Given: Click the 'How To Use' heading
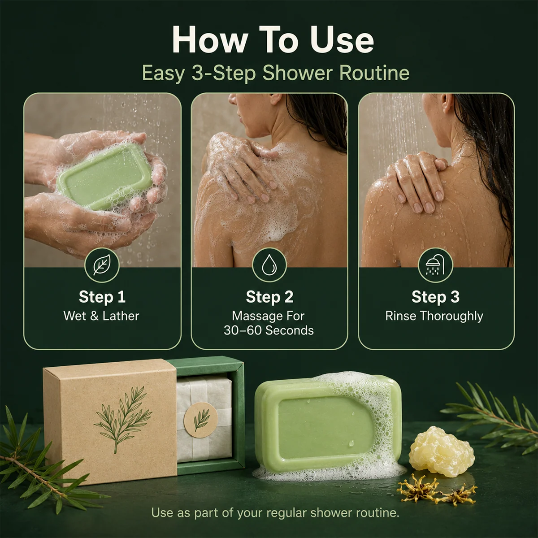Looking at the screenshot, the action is tap(273, 40).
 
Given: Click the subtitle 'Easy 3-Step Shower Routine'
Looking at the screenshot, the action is tap(276, 73).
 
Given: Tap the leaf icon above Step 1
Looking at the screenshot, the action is tap(102, 265).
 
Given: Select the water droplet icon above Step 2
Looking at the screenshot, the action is tap(269, 265).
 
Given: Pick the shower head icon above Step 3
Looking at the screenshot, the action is tap(435, 265).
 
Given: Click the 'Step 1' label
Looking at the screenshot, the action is tap(102, 296).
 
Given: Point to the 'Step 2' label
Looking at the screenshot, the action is tap(269, 296).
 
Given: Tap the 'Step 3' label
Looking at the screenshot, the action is tap(435, 296).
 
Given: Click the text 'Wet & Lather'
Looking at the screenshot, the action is tap(101, 316).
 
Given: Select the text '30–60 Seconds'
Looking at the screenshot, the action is tap(269, 330).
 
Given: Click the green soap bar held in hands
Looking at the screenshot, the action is tap(105, 176).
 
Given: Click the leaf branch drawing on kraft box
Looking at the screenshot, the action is tap(122, 418).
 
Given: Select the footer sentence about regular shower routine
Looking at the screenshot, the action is tap(275, 512).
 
